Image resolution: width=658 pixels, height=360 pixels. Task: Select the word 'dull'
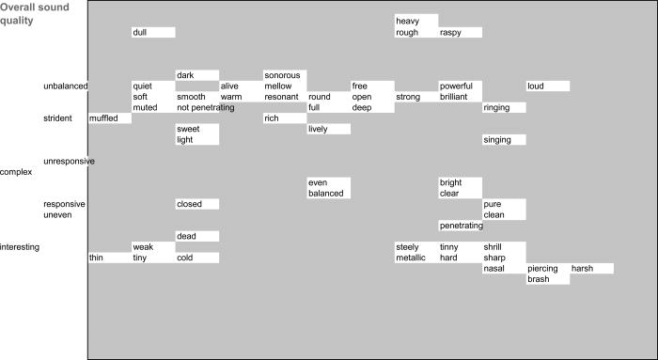click(140, 33)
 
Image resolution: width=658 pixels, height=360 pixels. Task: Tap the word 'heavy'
click(407, 21)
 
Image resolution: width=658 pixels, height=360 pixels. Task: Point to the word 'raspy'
click(451, 33)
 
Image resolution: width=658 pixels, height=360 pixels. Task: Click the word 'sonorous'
click(282, 75)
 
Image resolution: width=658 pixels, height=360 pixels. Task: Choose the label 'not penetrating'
click(205, 108)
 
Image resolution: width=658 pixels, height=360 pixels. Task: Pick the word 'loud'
click(537, 86)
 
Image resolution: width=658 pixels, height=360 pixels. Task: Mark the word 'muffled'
click(104, 118)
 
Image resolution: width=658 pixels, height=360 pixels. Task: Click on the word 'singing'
click(497, 140)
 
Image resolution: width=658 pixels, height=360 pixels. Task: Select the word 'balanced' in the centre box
click(325, 194)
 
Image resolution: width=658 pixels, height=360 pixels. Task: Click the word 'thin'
click(97, 258)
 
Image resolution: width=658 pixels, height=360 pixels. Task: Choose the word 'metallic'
click(411, 258)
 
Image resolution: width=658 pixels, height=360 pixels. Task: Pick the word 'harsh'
click(584, 269)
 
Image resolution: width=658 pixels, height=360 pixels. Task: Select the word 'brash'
click(539, 279)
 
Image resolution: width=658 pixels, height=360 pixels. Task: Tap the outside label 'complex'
click(17, 172)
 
